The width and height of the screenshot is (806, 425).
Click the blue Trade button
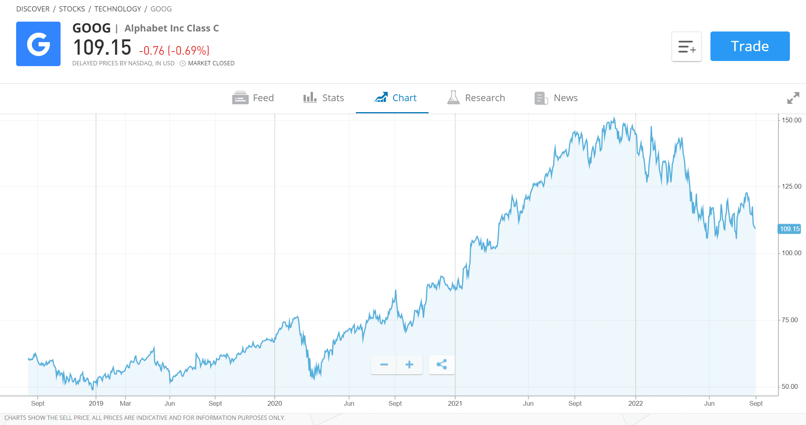pos(750,46)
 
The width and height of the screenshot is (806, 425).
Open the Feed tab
pos(253,98)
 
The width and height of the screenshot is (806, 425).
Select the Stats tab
pos(324,98)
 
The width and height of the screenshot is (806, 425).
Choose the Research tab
pos(476,98)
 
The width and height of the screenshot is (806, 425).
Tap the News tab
pos(556,98)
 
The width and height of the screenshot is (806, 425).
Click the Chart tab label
pos(404,98)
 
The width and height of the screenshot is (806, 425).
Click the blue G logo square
pos(38,44)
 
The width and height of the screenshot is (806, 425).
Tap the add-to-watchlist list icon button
pos(686,46)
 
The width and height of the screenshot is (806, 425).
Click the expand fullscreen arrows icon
pos(793,98)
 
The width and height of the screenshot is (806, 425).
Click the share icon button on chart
pos(442,364)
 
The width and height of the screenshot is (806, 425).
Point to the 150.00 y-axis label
pos(791,120)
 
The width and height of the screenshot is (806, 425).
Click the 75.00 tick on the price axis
pos(789,320)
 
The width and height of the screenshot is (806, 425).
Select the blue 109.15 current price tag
pos(789,229)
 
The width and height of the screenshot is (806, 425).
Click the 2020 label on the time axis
pos(274,403)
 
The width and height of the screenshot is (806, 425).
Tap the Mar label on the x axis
pos(125,403)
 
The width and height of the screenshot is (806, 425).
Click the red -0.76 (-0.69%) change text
pos(174,51)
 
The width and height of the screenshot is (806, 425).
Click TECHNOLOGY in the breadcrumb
pos(118,9)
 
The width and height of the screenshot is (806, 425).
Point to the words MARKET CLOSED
pos(211,63)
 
